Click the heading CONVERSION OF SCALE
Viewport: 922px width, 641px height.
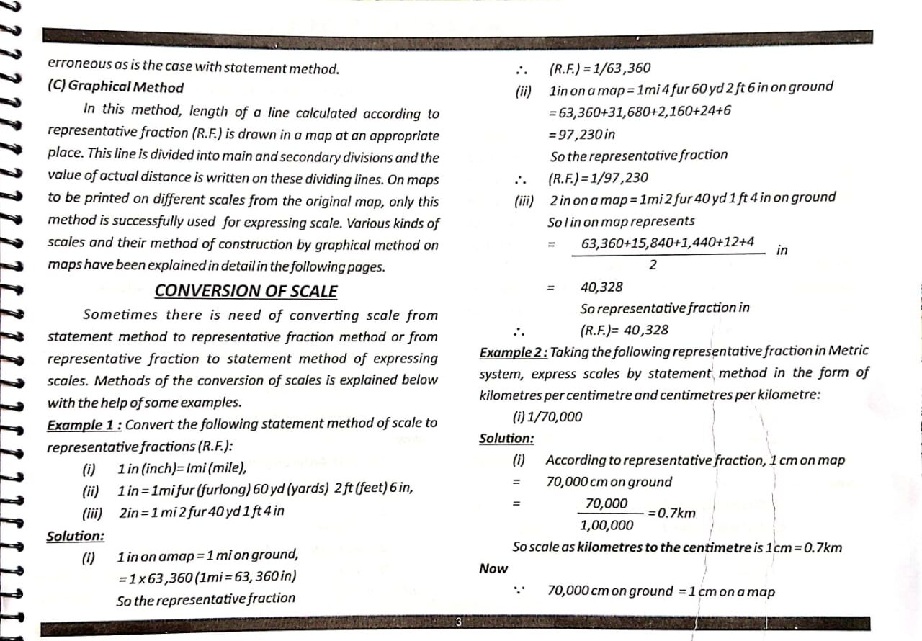246,291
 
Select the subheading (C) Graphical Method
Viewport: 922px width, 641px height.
115,88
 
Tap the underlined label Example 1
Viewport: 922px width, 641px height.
81,425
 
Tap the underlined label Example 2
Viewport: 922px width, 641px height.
514,352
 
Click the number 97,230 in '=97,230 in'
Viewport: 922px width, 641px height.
577,134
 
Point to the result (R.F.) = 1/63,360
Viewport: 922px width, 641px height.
599,69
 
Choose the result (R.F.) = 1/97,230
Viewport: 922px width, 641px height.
598,178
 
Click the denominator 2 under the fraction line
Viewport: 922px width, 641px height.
653,265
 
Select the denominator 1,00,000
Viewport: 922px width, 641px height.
607,525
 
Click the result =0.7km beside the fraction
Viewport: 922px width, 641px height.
671,513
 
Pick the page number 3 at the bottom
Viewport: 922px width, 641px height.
458,622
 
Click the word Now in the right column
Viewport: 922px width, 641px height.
493,569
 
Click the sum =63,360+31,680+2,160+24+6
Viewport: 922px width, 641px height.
640,111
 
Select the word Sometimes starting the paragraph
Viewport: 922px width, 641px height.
120,315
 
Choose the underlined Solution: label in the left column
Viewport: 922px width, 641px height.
75,537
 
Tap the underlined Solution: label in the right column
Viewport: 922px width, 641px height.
506,439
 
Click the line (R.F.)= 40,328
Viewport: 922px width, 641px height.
624,331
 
